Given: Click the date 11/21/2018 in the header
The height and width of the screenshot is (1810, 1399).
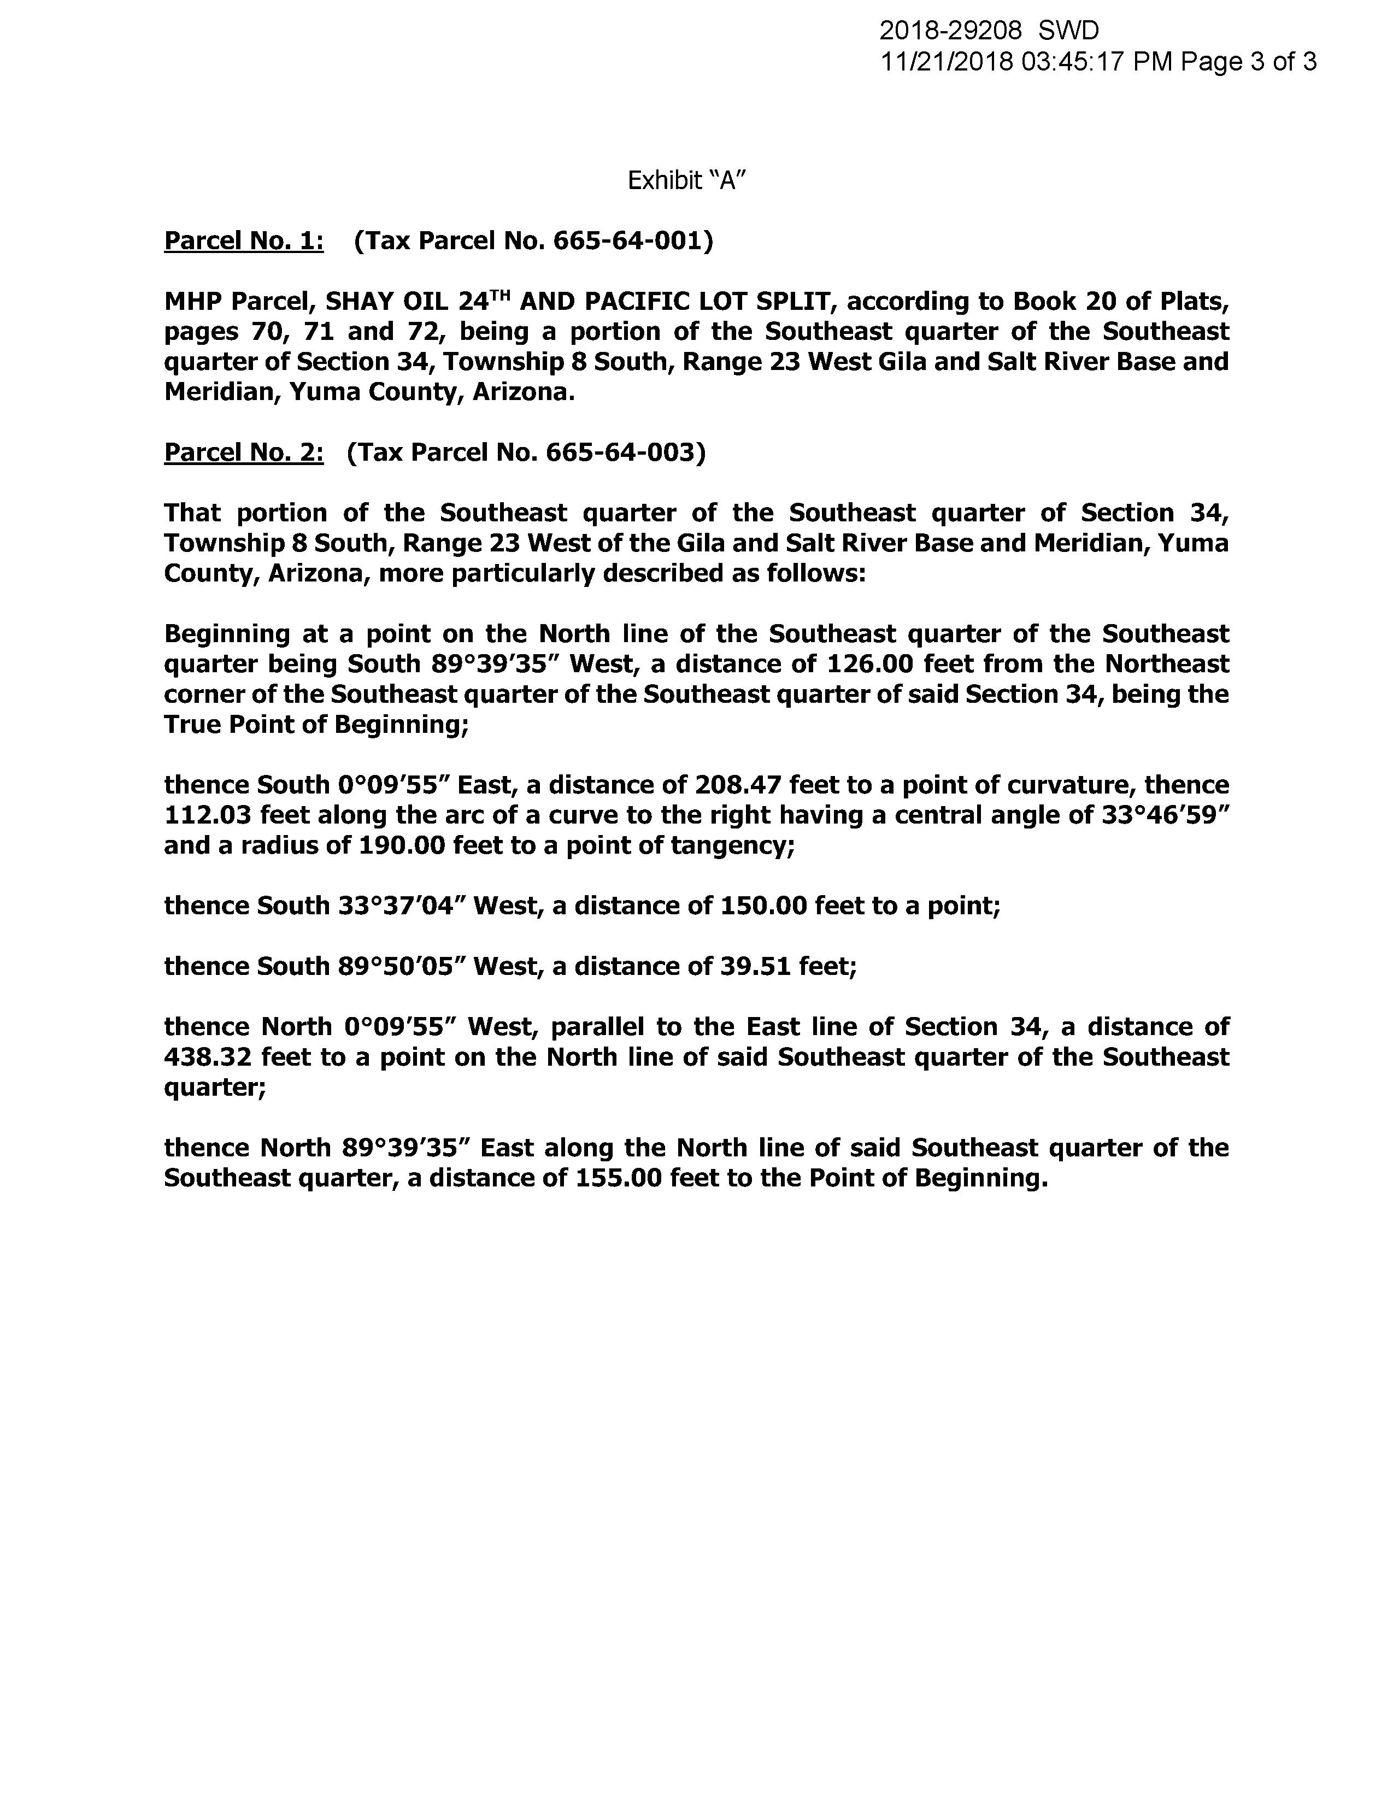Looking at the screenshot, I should [x=947, y=62].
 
